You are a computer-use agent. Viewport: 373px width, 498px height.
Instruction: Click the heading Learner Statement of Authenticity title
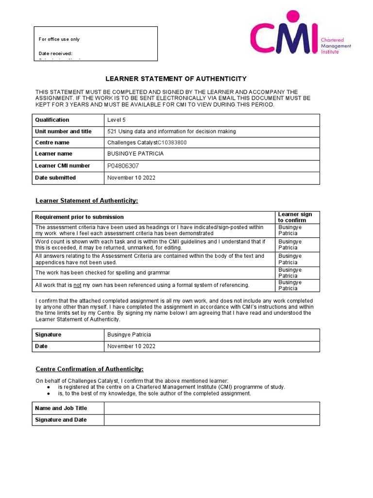tap(176, 79)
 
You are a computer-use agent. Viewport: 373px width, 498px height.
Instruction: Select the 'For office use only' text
tap(59, 39)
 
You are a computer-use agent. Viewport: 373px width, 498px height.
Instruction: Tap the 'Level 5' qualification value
tap(116, 120)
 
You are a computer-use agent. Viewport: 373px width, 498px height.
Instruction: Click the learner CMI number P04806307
tap(123, 166)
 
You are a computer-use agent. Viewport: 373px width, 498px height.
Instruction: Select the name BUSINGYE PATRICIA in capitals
tap(135, 154)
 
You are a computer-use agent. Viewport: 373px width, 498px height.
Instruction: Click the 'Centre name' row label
tap(52, 142)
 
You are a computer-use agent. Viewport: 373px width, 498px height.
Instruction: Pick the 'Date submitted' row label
tap(55, 178)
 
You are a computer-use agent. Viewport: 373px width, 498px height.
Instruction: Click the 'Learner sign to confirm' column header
tap(295, 217)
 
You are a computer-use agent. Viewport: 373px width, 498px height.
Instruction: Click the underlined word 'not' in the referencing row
tap(77, 285)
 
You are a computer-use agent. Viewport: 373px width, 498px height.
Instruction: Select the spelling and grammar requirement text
tap(102, 273)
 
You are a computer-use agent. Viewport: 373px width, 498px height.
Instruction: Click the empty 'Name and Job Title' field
tap(212, 408)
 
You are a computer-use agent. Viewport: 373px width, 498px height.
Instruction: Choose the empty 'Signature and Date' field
tap(212, 420)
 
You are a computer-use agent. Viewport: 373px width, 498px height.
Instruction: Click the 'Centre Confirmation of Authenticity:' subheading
tap(90, 369)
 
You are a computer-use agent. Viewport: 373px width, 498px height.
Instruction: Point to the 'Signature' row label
tap(48, 335)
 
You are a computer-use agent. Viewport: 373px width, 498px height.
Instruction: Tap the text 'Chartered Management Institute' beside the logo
tap(336, 46)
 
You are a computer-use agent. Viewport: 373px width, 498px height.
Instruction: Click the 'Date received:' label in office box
tap(55, 53)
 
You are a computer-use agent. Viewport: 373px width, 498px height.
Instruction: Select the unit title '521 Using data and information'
tap(171, 131)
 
